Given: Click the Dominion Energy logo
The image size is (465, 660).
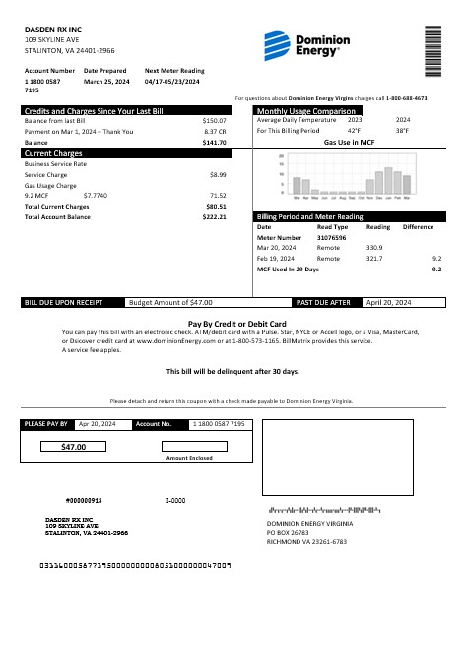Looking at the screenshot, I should coord(300,45).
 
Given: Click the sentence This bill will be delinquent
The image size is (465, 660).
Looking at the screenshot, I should coord(232,371).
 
